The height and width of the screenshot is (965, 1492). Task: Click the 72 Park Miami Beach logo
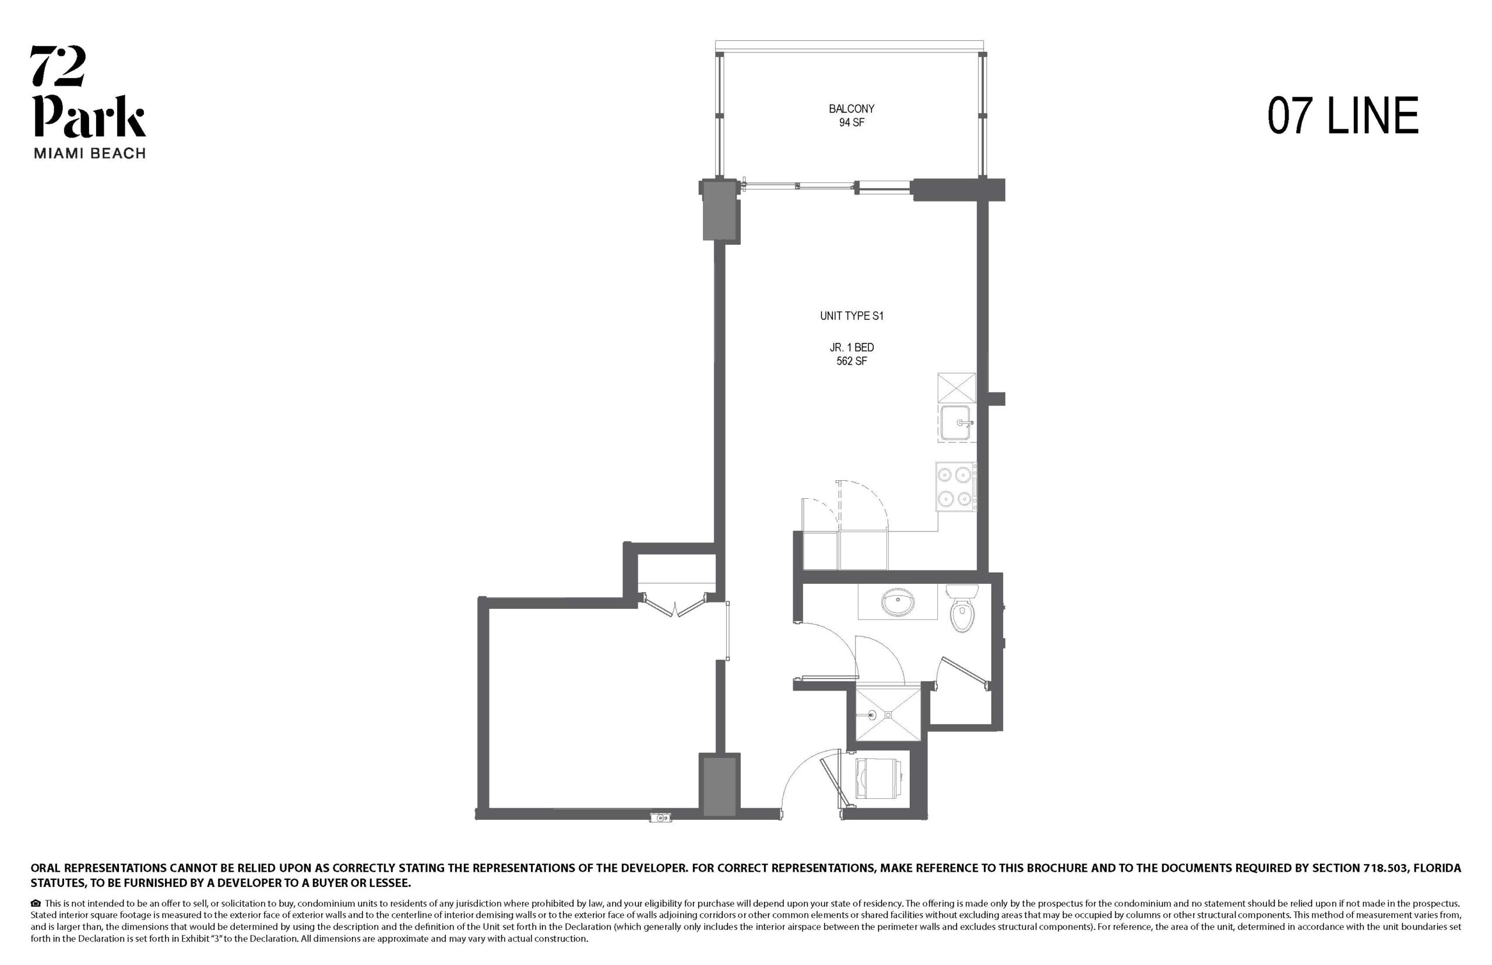coord(89,102)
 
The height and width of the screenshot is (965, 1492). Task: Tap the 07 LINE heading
coord(1343,116)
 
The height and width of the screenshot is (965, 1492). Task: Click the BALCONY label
coord(851,109)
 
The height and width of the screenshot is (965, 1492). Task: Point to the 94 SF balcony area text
coord(851,123)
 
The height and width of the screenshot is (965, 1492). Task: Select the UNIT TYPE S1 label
coord(851,316)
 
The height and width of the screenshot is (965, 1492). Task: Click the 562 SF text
coord(851,361)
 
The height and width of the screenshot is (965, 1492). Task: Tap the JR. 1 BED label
coord(851,347)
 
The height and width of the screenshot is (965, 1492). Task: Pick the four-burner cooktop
coord(956,487)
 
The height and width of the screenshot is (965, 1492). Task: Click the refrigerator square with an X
coord(957,388)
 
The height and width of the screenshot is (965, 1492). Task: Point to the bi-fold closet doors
coord(676,605)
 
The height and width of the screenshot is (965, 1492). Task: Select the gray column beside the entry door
coord(719,787)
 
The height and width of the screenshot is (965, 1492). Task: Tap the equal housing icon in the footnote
coord(36,904)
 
